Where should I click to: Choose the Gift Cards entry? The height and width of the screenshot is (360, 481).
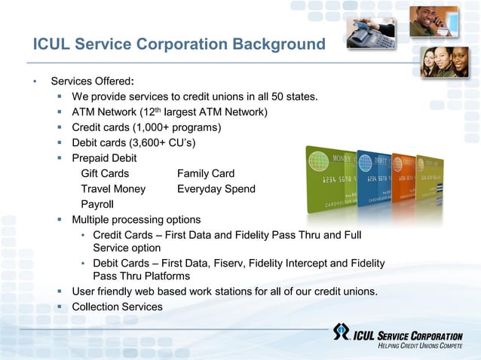[105, 174]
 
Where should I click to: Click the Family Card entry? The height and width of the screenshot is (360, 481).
[206, 174]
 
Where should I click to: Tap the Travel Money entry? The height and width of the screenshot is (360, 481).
[113, 189]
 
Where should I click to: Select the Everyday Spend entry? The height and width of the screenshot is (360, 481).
[216, 189]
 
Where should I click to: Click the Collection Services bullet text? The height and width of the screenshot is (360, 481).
[117, 307]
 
